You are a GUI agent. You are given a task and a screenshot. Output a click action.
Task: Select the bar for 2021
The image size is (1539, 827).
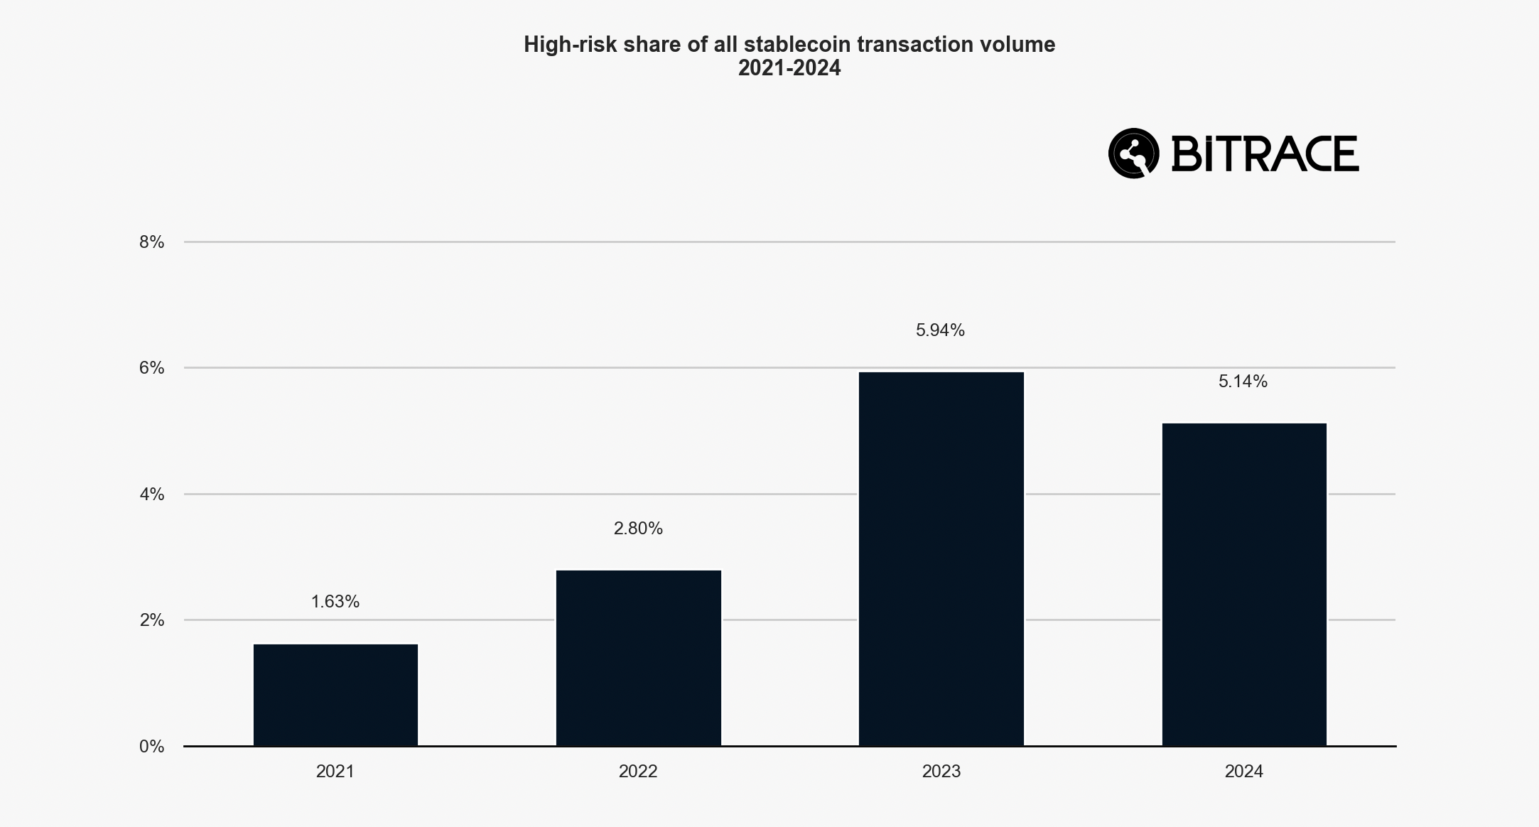[335, 695]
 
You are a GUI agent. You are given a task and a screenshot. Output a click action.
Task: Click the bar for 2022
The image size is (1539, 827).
[638, 658]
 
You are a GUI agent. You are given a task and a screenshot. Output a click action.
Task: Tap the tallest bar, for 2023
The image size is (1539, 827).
[941, 558]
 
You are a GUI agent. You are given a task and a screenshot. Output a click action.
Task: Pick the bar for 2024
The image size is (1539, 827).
[1244, 584]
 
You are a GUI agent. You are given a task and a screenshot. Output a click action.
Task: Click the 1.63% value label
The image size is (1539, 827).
[335, 602]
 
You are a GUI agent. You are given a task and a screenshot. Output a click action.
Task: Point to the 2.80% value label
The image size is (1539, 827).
[638, 529]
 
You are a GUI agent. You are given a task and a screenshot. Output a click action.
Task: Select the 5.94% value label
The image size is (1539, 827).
[940, 330]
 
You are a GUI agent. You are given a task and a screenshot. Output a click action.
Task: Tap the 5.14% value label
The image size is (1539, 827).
[1243, 382]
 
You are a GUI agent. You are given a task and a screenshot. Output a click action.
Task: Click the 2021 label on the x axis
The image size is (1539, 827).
[335, 772]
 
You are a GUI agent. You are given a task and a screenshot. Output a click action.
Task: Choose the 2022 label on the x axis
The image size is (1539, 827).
[638, 772]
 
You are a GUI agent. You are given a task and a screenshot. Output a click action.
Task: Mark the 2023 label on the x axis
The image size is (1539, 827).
[941, 772]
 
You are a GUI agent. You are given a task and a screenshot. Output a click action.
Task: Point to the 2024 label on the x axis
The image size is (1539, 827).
[1243, 772]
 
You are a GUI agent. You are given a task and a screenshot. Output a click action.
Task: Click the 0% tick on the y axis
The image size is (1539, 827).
[151, 747]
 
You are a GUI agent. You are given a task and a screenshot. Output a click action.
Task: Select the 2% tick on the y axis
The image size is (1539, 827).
[151, 620]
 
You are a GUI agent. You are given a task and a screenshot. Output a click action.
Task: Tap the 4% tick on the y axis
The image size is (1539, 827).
[151, 494]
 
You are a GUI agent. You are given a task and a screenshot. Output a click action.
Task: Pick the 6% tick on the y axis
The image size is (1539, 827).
[151, 368]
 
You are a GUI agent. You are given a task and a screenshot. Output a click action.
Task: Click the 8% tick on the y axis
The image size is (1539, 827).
[151, 242]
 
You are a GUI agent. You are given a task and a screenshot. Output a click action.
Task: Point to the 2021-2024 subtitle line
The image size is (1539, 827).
[789, 68]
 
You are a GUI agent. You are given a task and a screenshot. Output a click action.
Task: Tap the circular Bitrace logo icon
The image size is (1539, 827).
[1133, 153]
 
